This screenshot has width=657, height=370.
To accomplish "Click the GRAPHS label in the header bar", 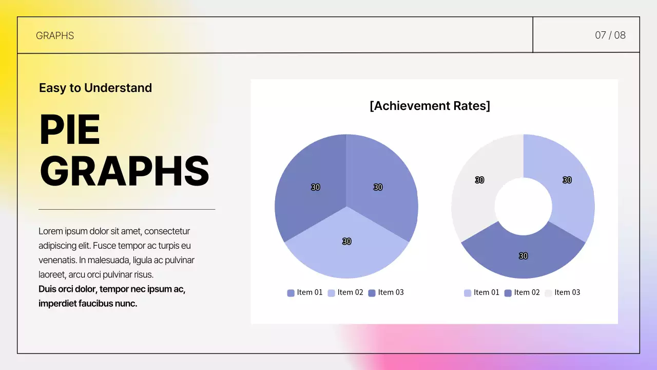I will (55, 35).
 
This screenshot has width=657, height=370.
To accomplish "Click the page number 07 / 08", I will (610, 35).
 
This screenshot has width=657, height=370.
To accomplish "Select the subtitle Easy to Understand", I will (95, 88).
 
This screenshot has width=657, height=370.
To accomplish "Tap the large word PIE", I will (70, 130).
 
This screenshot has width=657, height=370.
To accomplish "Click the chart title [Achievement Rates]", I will (430, 106).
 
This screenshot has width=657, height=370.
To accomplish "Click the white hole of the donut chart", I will (523, 207).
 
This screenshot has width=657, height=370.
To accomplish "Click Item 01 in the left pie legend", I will (309, 292).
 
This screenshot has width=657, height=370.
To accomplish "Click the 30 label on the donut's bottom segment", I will (523, 256).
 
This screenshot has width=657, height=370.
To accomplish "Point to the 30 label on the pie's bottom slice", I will (346, 242).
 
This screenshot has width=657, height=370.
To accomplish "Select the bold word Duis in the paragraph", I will (48, 289).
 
